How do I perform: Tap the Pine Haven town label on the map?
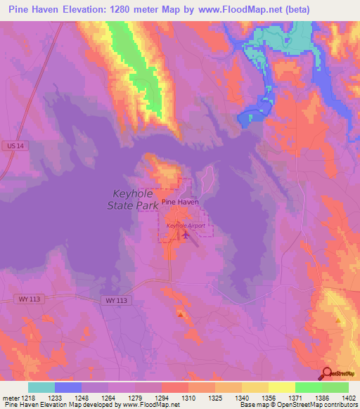(180, 202)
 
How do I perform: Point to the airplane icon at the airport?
(185, 234)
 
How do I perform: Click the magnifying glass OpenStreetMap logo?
(328, 373)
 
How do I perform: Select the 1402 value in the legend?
(349, 397)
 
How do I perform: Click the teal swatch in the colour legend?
(41, 387)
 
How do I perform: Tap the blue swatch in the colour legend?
(68, 387)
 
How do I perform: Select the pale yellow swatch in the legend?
(281, 387)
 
